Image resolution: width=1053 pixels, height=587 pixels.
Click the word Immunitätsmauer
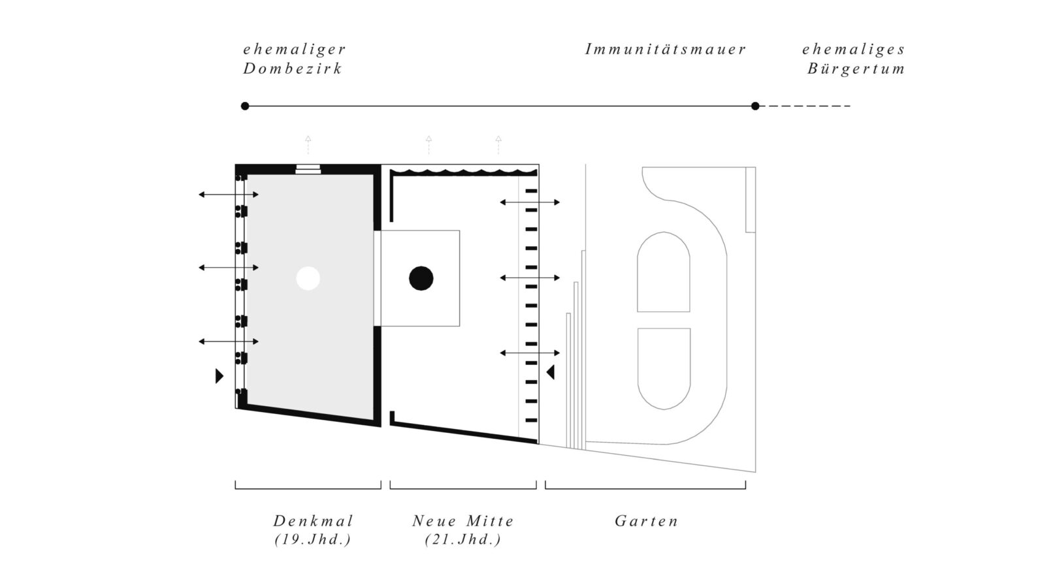(x=665, y=50)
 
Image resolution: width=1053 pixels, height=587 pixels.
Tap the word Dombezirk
(x=293, y=69)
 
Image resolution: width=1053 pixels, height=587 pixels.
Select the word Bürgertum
(x=856, y=69)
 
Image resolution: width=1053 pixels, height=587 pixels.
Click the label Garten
(x=647, y=521)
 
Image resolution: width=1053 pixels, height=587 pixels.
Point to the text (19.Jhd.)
(x=313, y=539)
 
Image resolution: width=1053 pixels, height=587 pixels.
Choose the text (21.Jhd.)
(x=463, y=539)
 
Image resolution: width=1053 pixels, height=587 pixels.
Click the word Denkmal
(x=313, y=521)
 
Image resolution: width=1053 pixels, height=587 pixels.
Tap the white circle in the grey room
(x=308, y=278)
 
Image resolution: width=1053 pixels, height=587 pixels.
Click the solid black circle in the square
(x=421, y=278)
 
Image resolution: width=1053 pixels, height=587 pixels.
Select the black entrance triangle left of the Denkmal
(x=219, y=376)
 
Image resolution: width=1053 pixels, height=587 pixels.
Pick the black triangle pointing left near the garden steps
(x=551, y=372)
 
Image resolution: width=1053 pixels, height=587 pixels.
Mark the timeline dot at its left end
(x=245, y=106)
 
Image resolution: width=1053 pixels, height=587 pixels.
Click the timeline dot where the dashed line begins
(x=755, y=106)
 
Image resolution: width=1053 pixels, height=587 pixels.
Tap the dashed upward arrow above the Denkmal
(x=308, y=145)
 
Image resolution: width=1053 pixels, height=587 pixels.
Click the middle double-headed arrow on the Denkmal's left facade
(x=229, y=268)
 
